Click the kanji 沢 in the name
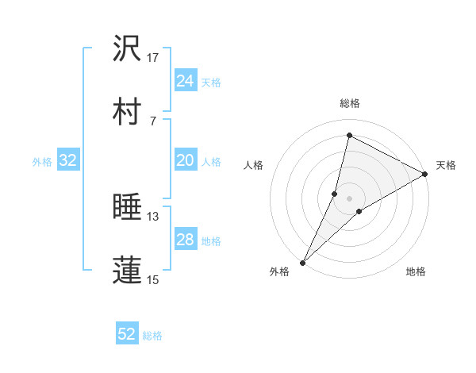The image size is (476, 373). (x=128, y=48)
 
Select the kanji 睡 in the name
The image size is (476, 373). (x=128, y=207)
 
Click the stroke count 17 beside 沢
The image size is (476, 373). (x=153, y=58)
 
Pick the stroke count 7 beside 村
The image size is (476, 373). (x=152, y=121)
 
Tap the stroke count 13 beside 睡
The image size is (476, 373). (x=153, y=217)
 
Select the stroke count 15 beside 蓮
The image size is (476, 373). (x=153, y=279)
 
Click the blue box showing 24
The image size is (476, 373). (x=185, y=81)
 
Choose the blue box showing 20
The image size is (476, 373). (x=185, y=160)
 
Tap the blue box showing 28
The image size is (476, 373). (x=185, y=240)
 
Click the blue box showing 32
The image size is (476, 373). (x=68, y=160)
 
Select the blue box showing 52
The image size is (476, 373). (x=127, y=334)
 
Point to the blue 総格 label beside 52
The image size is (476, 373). (x=153, y=336)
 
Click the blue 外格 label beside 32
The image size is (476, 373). (x=42, y=162)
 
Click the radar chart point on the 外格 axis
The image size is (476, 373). (x=302, y=263)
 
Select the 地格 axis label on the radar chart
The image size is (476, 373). (x=416, y=272)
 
